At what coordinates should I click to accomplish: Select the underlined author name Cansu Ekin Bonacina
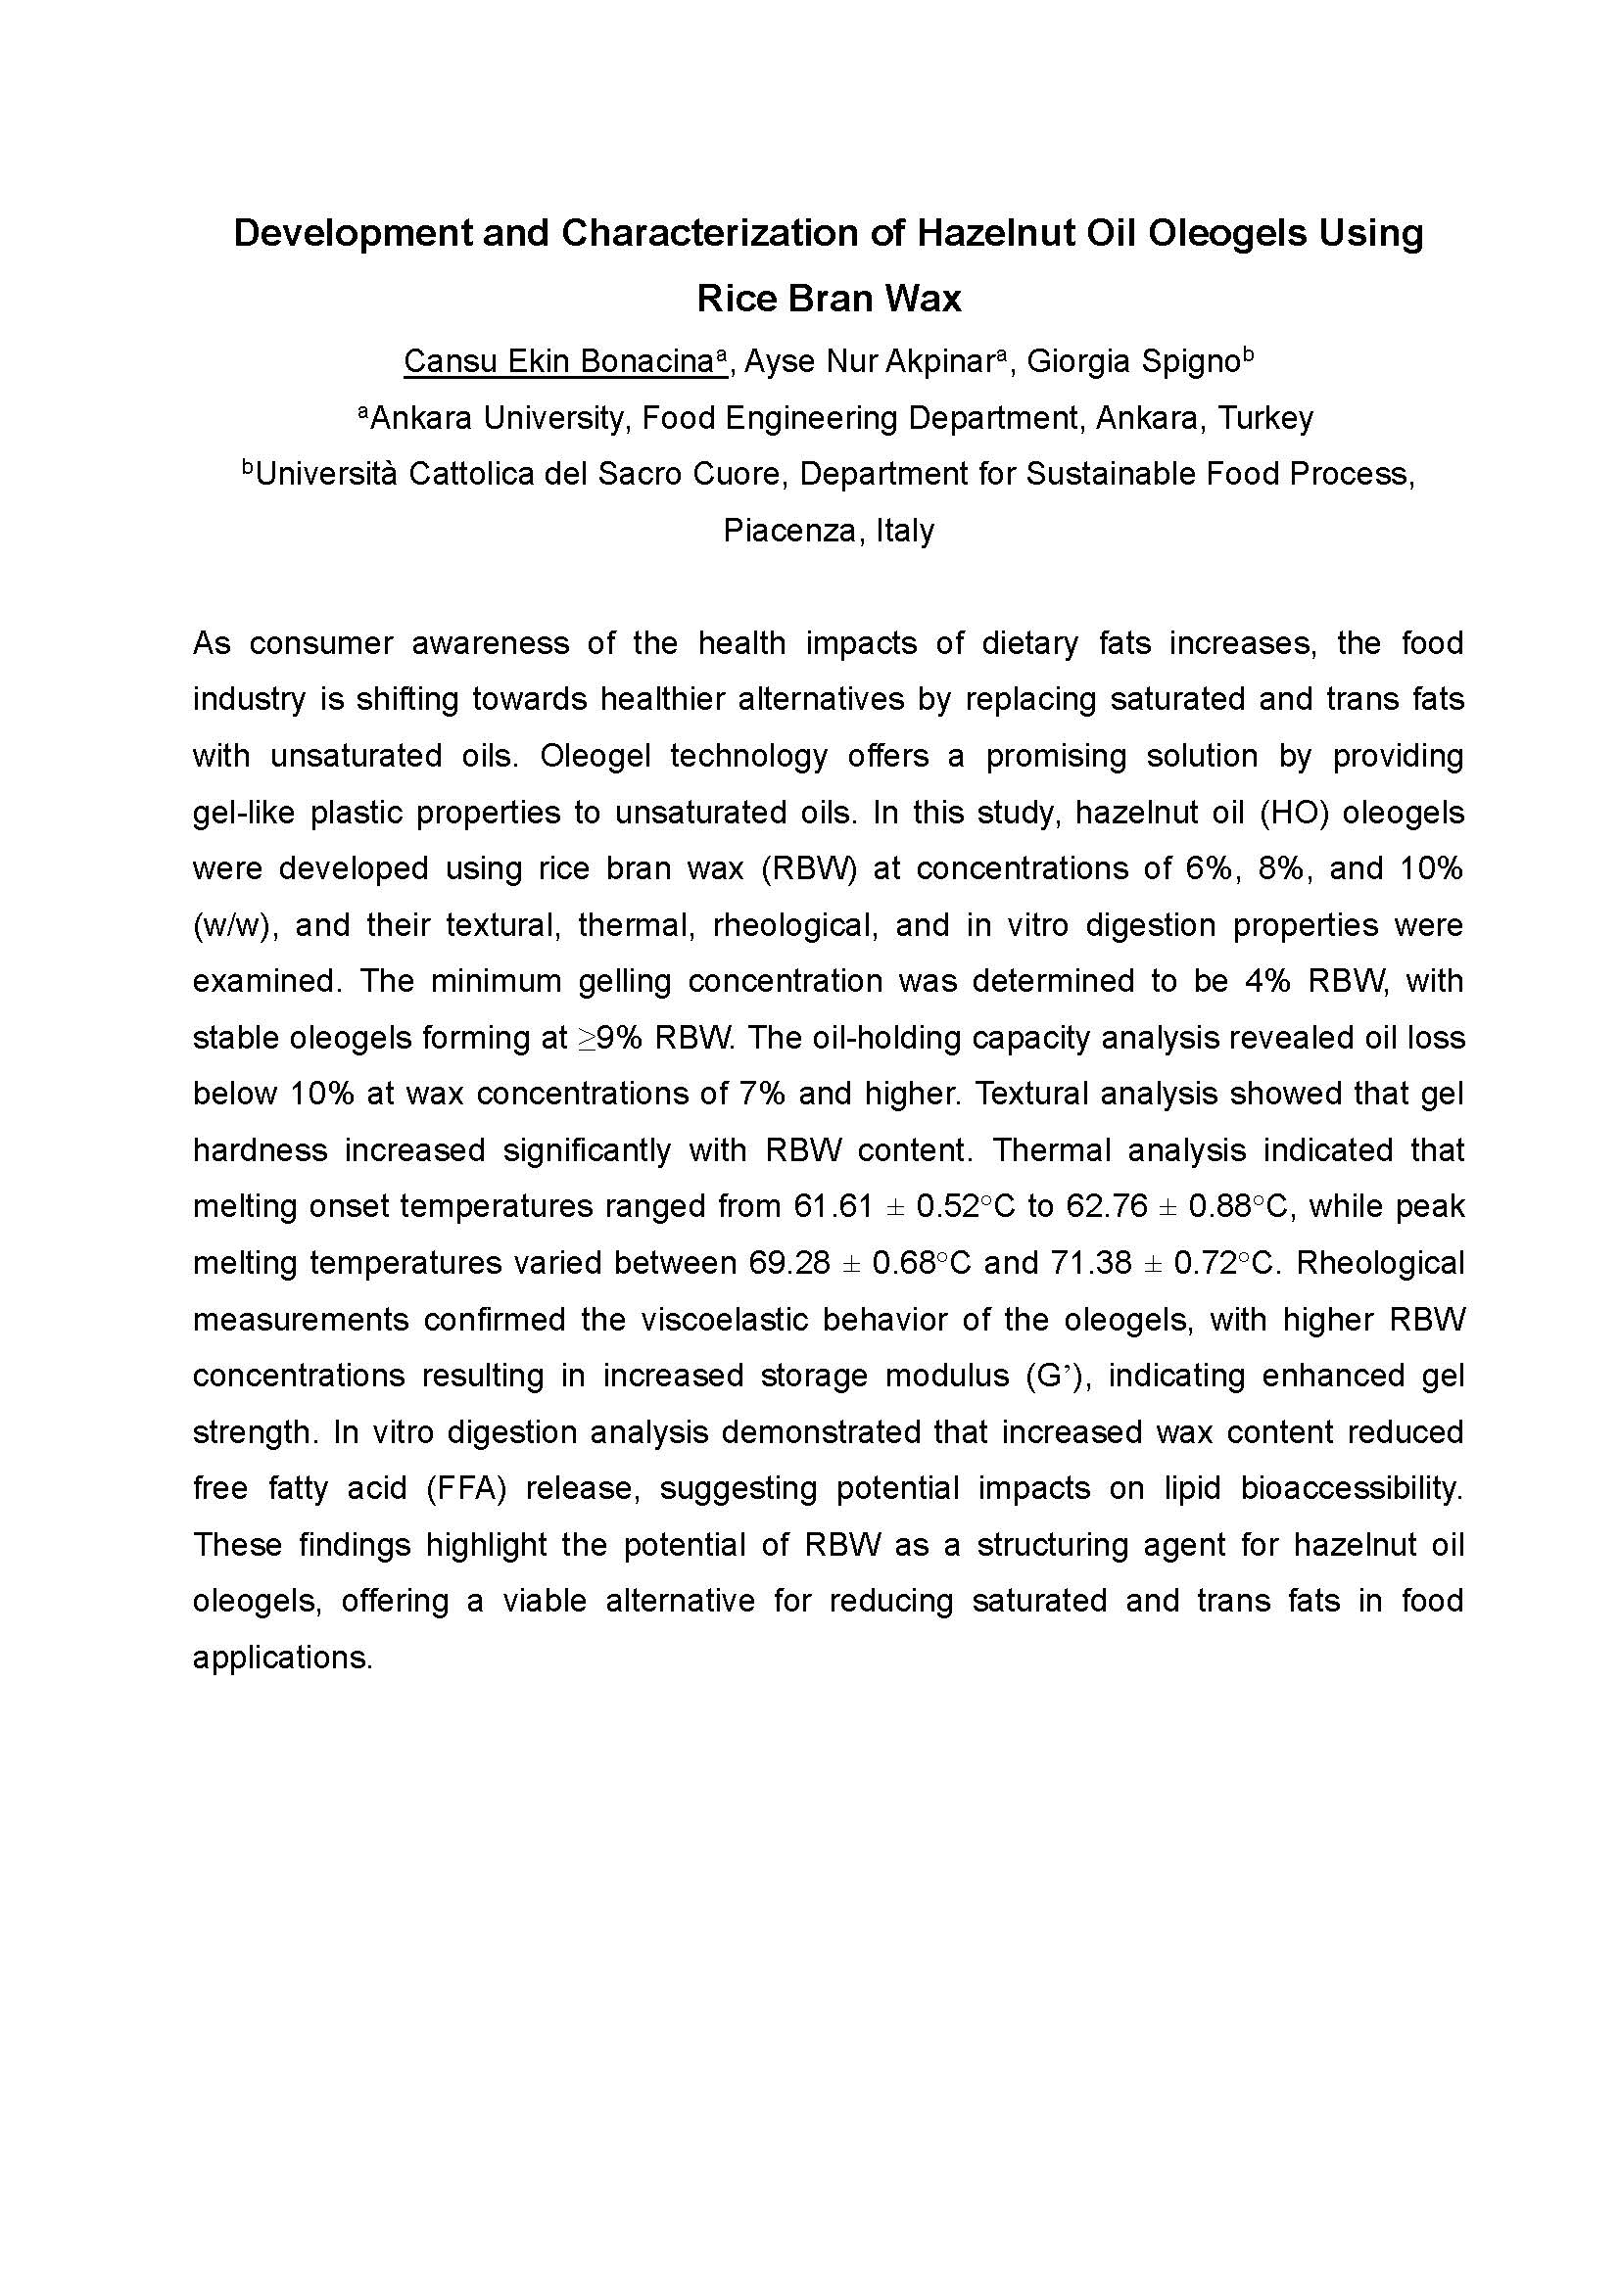click(x=559, y=361)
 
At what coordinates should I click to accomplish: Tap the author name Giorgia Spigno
click(x=1132, y=361)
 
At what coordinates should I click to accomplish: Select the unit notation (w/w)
click(x=232, y=924)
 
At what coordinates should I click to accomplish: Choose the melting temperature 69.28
click(x=788, y=1263)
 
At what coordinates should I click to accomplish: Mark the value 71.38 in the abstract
click(x=1090, y=1263)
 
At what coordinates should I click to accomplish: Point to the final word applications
click(x=282, y=1658)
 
